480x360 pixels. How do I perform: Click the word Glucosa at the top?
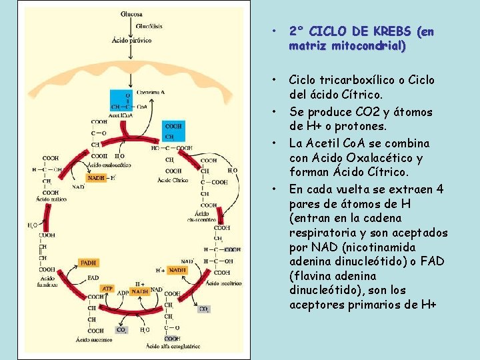pos(131,14)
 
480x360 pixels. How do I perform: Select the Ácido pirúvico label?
pos(131,41)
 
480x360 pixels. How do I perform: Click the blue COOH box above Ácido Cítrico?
pos(173,131)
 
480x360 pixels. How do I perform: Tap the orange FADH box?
pos(88,263)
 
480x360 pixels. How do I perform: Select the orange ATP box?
pos(107,289)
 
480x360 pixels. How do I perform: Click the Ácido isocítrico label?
pos(223,283)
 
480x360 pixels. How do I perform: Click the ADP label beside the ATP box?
pos(123,292)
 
